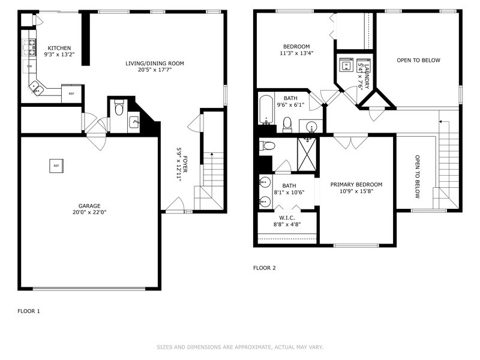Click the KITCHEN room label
(59, 48)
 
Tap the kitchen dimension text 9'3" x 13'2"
(59, 55)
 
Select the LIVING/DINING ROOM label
(154, 63)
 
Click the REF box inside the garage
(56, 166)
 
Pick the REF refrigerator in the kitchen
(71, 94)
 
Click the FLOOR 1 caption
(29, 311)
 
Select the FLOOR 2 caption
(265, 268)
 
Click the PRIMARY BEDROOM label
(356, 185)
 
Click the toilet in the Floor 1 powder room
(119, 109)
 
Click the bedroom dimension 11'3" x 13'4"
(297, 53)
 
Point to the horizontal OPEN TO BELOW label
(418, 60)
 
